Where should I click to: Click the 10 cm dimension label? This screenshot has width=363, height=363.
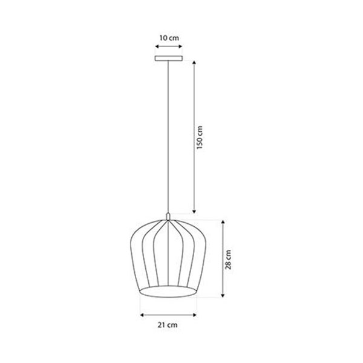168,38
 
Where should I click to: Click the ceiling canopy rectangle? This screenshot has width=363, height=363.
168,59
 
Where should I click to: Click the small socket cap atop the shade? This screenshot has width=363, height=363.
168,217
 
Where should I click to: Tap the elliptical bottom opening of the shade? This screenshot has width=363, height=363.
168,293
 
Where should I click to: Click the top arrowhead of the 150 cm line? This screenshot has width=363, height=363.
194,62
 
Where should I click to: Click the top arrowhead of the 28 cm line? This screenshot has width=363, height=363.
223,222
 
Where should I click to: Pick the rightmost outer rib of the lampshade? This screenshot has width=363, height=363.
203,254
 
